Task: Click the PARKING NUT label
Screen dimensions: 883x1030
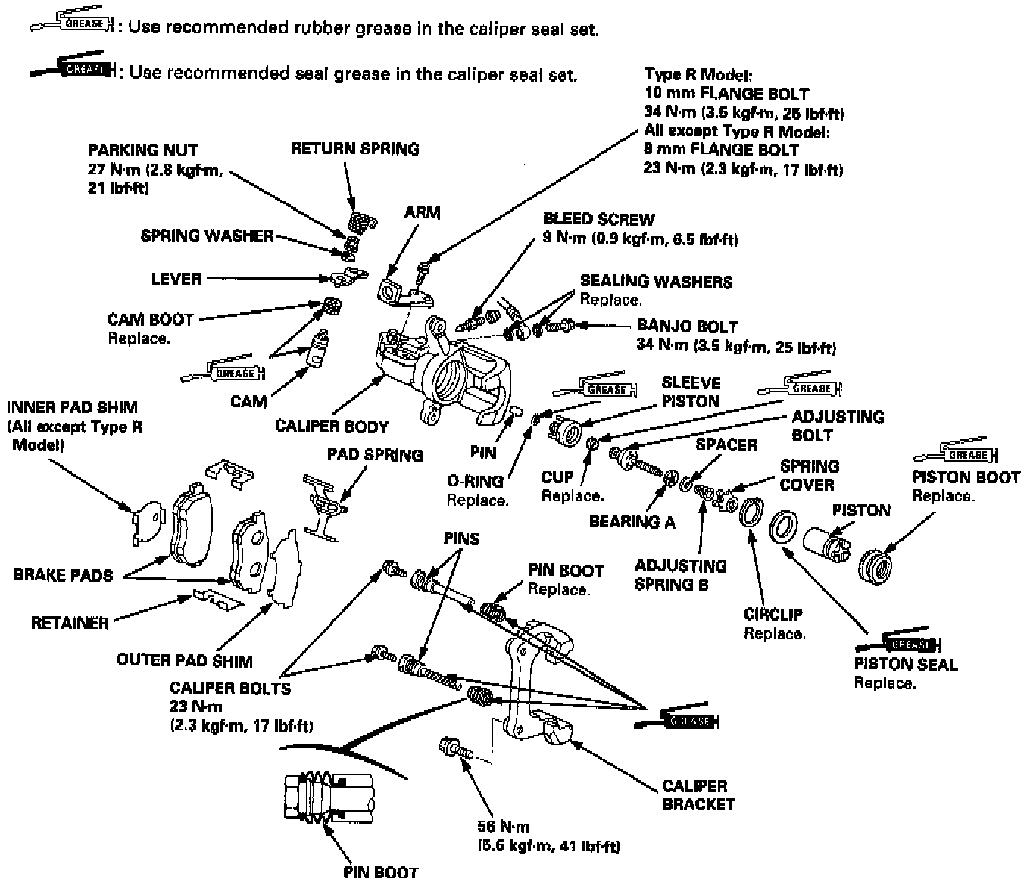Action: click(x=142, y=150)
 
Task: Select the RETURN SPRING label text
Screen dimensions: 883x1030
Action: click(x=354, y=149)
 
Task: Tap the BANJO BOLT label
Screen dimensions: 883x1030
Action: click(x=686, y=326)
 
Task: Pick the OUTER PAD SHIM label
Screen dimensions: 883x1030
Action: click(x=184, y=660)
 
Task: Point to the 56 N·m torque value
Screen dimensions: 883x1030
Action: click(x=504, y=826)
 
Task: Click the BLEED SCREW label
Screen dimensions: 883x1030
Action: click(x=598, y=220)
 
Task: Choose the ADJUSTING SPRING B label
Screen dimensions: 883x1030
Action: click(x=680, y=575)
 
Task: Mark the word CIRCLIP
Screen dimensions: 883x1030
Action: click(x=772, y=614)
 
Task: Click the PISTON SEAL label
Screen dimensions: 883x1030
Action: click(x=906, y=664)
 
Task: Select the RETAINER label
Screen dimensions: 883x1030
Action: click(x=70, y=622)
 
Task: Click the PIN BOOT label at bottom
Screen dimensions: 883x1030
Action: click(x=380, y=872)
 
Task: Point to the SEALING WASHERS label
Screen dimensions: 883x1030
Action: click(x=656, y=282)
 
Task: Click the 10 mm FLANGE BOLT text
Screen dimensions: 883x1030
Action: click(x=726, y=95)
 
